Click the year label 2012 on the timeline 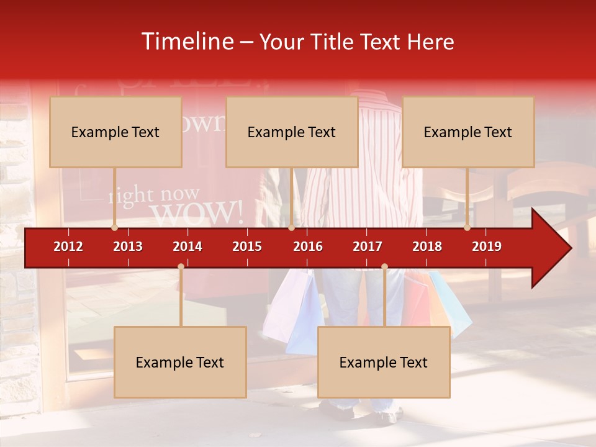coord(68,246)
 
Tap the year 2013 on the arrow coord(128,246)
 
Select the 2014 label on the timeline coord(187,246)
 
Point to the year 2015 coord(247,246)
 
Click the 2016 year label coord(308,246)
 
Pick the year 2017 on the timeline coord(368,246)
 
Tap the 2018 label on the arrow coord(427,246)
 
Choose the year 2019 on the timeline coord(487,246)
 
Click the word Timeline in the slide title coord(186,42)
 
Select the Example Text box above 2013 coord(115,132)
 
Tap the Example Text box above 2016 coord(292,132)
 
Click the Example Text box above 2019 coord(468,132)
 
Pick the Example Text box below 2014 coord(180,362)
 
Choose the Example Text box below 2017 coord(384,362)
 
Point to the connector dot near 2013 coord(114,228)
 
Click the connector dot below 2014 coord(181,267)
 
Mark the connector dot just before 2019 coord(467,228)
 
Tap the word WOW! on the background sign coord(197,213)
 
